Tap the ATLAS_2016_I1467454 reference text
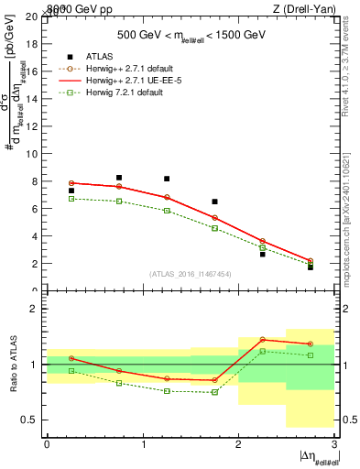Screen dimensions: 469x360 click(191, 273)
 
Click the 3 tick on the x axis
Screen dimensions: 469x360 click(334, 443)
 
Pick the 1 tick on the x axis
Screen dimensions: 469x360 click(143, 443)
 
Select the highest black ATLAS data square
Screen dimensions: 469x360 click(119, 178)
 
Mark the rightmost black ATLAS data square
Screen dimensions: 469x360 click(311, 267)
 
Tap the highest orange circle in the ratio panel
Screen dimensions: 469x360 click(263, 339)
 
